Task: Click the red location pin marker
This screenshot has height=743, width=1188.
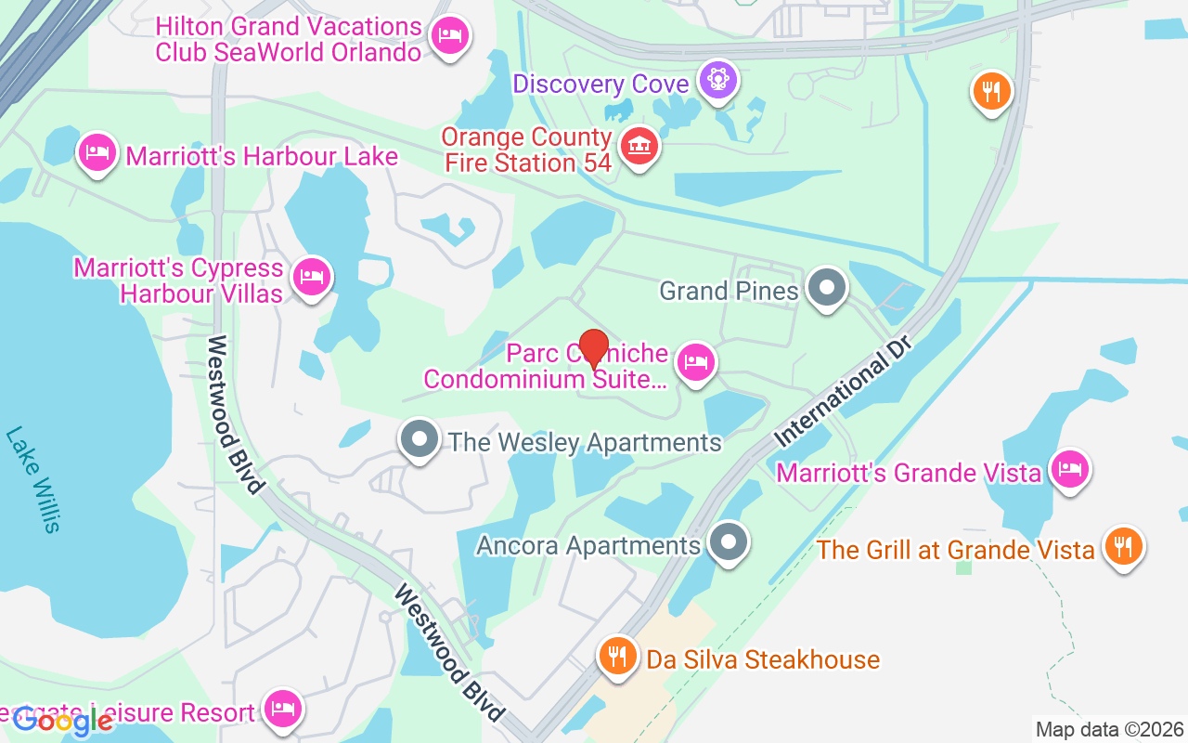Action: coord(593,349)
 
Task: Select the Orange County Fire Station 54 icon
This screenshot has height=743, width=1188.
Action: coord(639,147)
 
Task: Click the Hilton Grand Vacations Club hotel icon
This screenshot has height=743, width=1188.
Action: coord(450,36)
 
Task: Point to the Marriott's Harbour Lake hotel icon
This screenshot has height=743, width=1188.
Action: coord(97,151)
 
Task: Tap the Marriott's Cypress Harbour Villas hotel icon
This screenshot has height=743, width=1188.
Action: coord(311,277)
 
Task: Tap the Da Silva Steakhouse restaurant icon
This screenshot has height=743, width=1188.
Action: coord(616,656)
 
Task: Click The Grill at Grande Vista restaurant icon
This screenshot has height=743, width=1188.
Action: coord(1123,546)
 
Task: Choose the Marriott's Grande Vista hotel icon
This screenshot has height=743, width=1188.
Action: coord(1069,469)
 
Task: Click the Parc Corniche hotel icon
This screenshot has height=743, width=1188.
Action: coord(695,363)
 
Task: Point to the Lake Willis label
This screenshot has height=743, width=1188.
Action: coord(33,479)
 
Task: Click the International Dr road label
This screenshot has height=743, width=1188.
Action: coord(845,389)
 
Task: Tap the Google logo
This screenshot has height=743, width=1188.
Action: coord(62,722)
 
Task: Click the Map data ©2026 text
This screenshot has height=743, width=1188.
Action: coord(1109,730)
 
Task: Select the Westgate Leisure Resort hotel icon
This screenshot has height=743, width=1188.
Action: coord(282,710)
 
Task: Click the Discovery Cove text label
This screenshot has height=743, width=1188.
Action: coord(600,85)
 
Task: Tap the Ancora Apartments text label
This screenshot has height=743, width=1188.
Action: coord(588,545)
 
